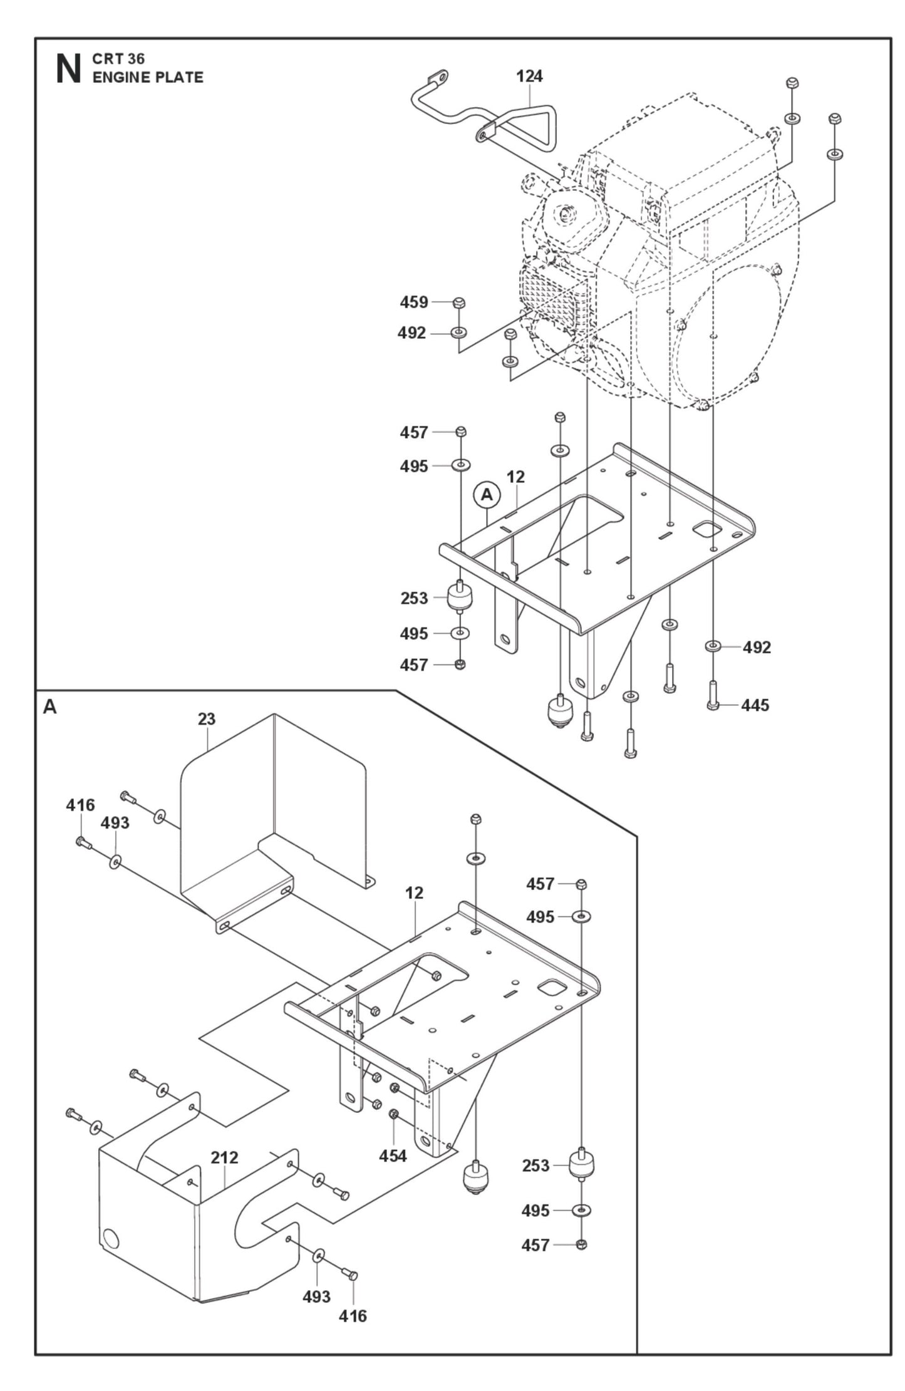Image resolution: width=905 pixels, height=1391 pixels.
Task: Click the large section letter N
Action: click(x=68, y=70)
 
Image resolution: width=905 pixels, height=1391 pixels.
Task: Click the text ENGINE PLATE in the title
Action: click(x=148, y=78)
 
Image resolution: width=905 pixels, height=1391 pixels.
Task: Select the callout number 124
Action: click(x=529, y=76)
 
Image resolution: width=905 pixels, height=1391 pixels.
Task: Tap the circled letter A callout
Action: click(x=487, y=495)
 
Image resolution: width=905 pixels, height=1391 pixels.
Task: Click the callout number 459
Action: click(x=414, y=303)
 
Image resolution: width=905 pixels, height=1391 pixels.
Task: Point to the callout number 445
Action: click(x=755, y=705)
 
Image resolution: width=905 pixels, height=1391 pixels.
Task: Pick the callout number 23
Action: click(x=207, y=719)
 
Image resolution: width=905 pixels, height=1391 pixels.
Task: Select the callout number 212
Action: click(x=224, y=1157)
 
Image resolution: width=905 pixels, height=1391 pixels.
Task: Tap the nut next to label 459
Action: click(x=458, y=303)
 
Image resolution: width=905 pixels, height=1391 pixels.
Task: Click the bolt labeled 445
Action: click(x=713, y=695)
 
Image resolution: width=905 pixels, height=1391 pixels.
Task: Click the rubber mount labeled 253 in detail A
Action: click(x=581, y=1165)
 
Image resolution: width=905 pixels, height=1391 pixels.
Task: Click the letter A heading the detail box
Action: click(x=49, y=707)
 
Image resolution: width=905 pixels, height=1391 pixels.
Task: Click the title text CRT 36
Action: click(x=118, y=59)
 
